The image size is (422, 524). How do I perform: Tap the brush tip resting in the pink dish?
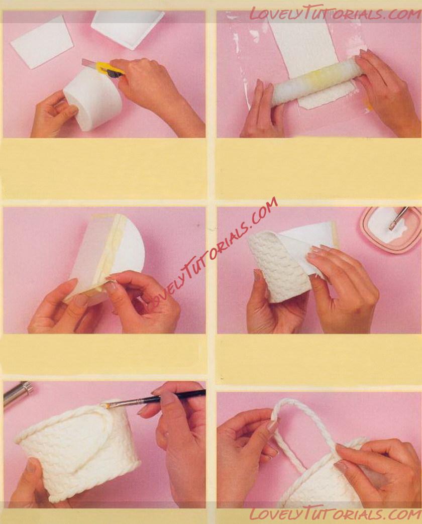391,228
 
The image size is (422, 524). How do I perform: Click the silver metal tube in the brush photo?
17,395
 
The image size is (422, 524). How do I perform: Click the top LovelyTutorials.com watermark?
335,14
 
